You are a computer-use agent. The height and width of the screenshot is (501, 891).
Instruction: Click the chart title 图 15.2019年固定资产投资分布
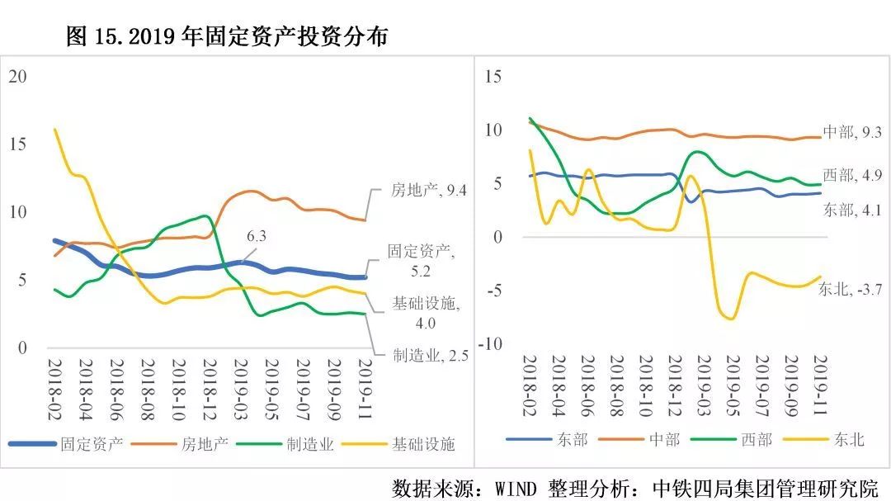tap(226, 37)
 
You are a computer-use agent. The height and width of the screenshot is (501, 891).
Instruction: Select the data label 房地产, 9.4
tap(429, 191)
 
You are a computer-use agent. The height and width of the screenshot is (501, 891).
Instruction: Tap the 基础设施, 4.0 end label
tap(425, 312)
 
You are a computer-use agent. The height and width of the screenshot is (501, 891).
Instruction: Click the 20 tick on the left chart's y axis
tap(17, 77)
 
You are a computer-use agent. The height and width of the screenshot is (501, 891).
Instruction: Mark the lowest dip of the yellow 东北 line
tap(731, 319)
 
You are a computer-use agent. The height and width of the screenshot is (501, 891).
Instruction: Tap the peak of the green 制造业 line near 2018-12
tap(205, 216)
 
